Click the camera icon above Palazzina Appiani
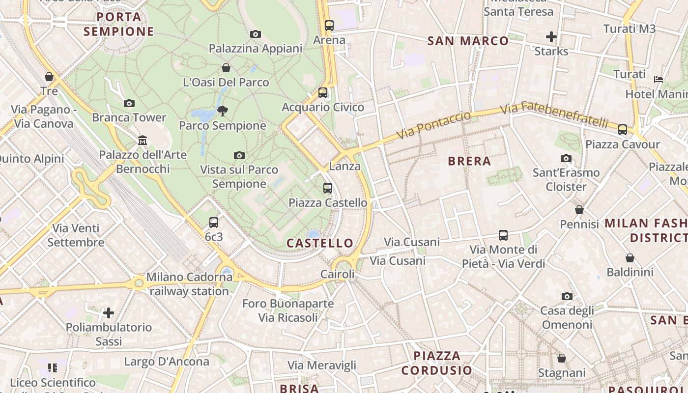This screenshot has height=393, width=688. click(x=255, y=34)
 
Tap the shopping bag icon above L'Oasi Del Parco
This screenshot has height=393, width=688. click(x=226, y=68)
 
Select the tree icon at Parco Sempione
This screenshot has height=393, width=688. click(x=223, y=111)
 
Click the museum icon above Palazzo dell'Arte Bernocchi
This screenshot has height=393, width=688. click(x=143, y=140)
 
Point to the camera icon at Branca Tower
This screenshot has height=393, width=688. click(x=129, y=103)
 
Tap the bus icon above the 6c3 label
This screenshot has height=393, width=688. click(x=214, y=222)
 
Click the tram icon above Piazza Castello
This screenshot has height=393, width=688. click(x=328, y=188)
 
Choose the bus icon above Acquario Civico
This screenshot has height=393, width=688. click(x=323, y=92)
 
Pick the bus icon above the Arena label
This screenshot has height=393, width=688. click(x=329, y=25)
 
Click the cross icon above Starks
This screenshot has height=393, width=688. click(x=551, y=37)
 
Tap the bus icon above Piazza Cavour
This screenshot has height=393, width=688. click(x=623, y=130)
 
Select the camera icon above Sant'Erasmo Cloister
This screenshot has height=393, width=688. click(x=566, y=158)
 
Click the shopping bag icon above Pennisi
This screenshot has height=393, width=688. click(x=579, y=210)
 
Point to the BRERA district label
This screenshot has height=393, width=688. click(x=469, y=161)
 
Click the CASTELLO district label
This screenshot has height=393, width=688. click(x=320, y=243)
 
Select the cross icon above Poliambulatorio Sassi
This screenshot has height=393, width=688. click(x=109, y=312)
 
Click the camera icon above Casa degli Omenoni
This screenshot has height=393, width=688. click(x=567, y=296)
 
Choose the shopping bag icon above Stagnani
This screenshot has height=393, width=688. click(x=562, y=358)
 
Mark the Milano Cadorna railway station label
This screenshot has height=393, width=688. click(x=189, y=284)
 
